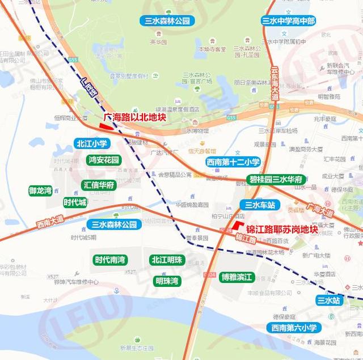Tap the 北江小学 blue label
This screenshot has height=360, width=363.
[91, 143]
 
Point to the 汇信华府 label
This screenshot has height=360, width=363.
[99, 185]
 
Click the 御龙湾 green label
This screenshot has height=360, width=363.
[40, 190]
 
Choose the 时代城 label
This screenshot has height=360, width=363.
[75, 202]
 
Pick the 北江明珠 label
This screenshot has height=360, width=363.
[167, 260]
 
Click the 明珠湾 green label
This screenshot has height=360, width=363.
[167, 281]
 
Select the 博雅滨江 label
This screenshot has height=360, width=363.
[238, 277]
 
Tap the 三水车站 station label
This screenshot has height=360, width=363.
[257, 205]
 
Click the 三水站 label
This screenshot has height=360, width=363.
[329, 300]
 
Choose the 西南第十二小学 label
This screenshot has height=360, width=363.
[233, 162]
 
